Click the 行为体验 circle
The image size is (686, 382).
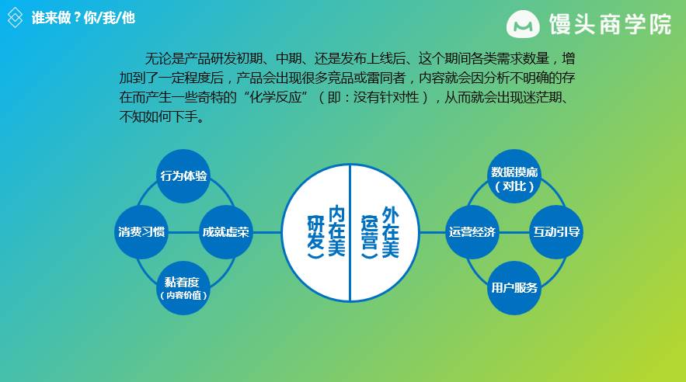pyautogui.click(x=184, y=175)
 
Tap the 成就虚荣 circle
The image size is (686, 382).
pyautogui.click(x=226, y=231)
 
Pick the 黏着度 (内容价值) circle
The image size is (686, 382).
pyautogui.click(x=184, y=287)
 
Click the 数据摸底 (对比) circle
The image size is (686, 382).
pyautogui.click(x=514, y=179)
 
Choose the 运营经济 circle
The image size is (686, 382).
pyautogui.click(x=472, y=231)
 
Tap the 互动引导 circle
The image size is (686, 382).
pyautogui.click(x=556, y=231)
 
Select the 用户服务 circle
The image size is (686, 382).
pyautogui.click(x=514, y=287)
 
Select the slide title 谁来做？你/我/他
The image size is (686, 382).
pyautogui.click(x=83, y=17)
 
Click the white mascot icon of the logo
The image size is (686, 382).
pyautogui.click(x=523, y=25)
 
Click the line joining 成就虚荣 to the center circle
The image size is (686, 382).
pyautogui.click(x=266, y=231)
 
